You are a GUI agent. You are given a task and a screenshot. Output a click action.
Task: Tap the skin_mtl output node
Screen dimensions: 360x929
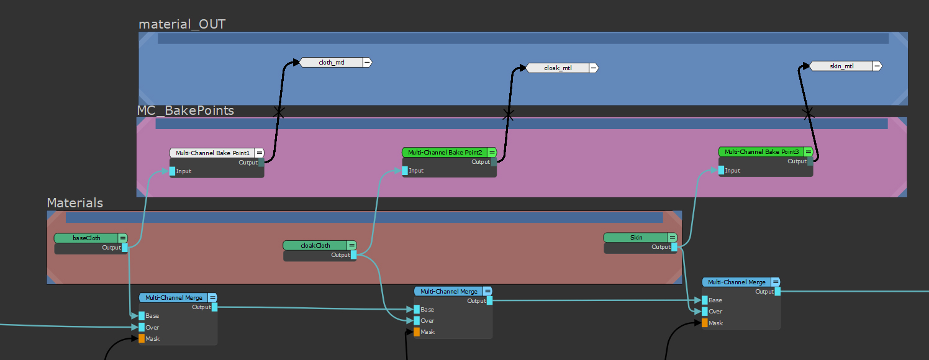click(841, 66)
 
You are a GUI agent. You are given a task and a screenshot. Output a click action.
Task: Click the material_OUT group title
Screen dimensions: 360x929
click(182, 24)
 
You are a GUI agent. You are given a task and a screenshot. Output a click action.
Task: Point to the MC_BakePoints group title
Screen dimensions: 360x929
click(186, 110)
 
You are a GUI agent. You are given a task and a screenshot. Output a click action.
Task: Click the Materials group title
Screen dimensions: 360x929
click(75, 203)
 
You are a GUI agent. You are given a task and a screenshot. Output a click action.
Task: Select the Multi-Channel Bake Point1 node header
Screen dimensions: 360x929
click(212, 153)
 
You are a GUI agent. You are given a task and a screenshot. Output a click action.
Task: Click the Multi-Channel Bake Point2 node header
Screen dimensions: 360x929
click(445, 152)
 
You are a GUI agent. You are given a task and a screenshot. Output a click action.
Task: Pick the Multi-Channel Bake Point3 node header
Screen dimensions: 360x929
click(761, 151)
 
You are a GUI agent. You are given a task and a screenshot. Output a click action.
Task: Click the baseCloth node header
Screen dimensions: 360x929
click(86, 238)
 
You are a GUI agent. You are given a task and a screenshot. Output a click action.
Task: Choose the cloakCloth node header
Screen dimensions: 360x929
click(315, 245)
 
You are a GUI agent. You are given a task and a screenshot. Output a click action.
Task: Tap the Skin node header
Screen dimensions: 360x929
click(636, 237)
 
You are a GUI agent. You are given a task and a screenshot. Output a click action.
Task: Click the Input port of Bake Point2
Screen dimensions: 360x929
click(405, 171)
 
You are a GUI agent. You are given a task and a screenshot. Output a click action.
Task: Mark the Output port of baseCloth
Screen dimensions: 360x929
click(125, 248)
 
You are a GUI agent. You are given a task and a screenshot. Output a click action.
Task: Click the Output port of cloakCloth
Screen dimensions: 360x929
click(354, 255)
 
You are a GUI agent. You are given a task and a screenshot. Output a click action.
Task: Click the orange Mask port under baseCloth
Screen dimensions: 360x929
click(142, 338)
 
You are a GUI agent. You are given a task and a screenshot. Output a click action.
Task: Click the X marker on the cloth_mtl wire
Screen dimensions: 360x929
click(279, 112)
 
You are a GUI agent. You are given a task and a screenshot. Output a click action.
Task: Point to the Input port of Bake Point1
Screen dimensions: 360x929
click(173, 171)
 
